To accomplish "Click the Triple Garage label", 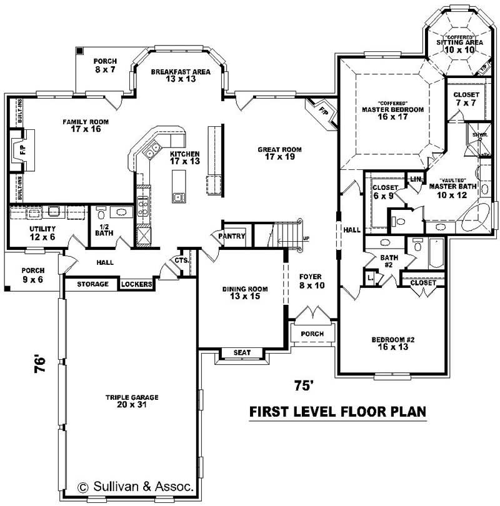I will click(131, 401).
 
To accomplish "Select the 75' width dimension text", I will click(303, 386).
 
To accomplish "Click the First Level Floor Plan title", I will click(337, 412).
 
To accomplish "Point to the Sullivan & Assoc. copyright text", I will click(136, 485).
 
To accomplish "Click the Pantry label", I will click(230, 237).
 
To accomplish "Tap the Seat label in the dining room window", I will click(242, 353).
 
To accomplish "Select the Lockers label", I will click(136, 284).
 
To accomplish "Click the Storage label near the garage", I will click(93, 284).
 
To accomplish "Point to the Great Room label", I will click(280, 153).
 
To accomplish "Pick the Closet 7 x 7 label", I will click(466, 99).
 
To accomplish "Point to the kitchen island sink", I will click(178, 197).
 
